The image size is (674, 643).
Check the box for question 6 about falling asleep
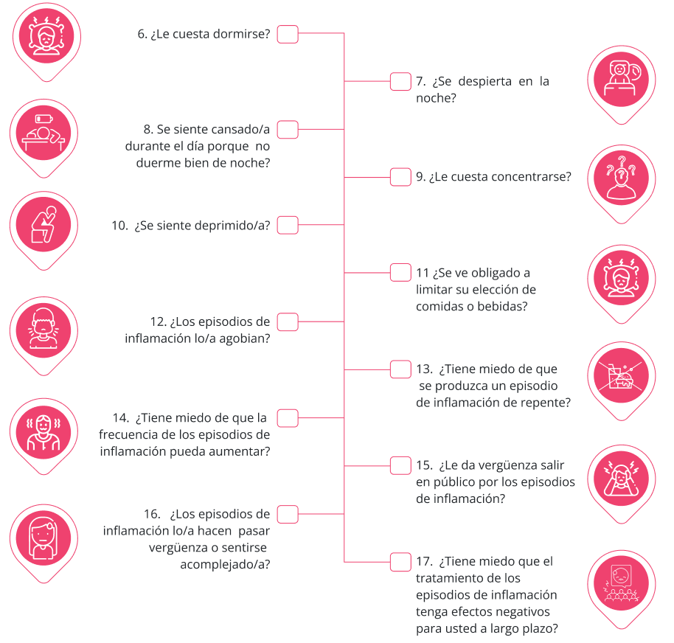click(288, 35)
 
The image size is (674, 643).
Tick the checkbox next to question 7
click(400, 82)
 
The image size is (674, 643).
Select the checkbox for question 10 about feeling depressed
click(288, 225)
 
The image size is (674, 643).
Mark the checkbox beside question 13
click(400, 369)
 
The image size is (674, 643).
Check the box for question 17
click(400, 562)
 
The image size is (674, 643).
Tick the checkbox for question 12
click(288, 322)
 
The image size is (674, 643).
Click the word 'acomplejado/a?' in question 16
click(225, 564)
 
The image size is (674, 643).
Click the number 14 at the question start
click(121, 418)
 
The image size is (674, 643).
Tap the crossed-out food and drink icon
click(621, 375)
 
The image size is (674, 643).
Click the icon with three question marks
click(621, 178)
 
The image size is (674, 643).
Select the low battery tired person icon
click(44, 133)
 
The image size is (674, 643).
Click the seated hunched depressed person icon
click(44, 225)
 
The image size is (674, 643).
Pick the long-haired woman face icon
click(44, 538)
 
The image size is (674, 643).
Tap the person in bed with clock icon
click(621, 79)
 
